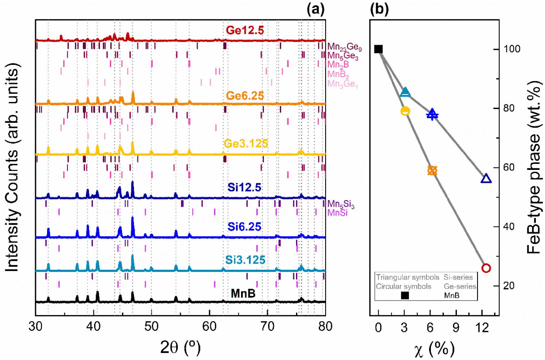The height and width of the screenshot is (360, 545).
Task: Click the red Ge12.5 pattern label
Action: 245,30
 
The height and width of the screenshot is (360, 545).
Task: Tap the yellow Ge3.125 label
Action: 246,144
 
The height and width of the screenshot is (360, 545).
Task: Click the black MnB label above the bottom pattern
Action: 243,293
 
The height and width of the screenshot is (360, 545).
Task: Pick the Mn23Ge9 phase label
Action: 344,47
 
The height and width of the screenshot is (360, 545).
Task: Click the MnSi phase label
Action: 337,213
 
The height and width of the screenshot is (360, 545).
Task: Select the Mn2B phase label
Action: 338,65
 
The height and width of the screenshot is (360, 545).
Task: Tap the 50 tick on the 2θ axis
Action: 151,326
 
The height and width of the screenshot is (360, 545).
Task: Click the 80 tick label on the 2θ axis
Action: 325,326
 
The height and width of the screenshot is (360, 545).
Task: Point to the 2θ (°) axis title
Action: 180,347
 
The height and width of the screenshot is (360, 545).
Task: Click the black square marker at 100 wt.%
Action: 378,49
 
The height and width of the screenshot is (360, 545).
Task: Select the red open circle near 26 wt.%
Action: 486,268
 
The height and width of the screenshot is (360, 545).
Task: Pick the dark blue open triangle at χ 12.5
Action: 486,179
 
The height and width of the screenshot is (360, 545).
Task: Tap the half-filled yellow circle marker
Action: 405,111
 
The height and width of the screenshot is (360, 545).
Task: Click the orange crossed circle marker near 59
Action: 432,171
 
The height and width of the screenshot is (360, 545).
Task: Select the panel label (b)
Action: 379,9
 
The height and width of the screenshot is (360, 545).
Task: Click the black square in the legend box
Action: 405,295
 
